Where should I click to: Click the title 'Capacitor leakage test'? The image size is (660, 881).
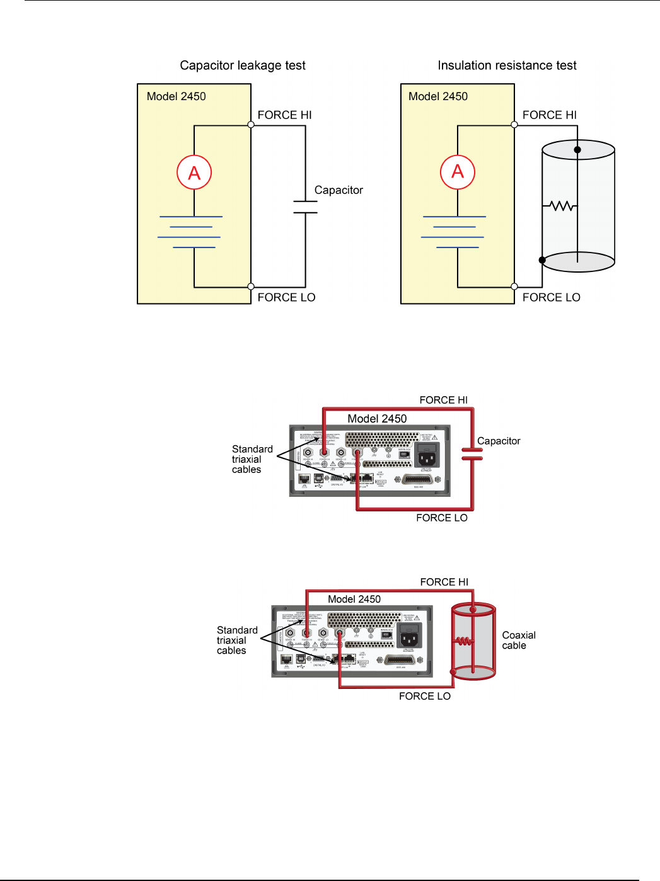coord(243,65)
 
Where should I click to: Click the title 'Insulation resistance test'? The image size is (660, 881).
coord(507,65)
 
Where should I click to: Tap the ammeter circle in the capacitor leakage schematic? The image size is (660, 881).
coord(194,173)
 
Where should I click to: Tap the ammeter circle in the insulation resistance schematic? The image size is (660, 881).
coord(458,172)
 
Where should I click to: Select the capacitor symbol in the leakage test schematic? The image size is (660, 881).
coord(306,207)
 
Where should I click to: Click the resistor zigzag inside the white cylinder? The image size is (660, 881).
coord(560,206)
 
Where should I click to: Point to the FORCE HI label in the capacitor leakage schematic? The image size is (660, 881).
coord(284,115)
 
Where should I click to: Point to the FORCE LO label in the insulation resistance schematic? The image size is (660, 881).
coord(551,297)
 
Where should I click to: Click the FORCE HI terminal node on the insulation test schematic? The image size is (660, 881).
coord(514,125)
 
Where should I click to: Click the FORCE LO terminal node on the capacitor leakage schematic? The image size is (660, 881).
coord(251,287)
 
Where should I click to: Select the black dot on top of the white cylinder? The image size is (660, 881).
coord(577,149)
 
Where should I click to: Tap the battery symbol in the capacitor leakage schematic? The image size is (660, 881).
coord(190,232)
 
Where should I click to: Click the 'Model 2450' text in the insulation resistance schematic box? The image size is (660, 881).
coord(438,96)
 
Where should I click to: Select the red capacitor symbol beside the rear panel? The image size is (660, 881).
coord(472,453)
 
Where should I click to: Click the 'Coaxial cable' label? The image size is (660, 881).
coord(518,640)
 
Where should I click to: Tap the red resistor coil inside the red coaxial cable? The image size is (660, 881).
coord(464,642)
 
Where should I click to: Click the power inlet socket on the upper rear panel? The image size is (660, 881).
coord(427,455)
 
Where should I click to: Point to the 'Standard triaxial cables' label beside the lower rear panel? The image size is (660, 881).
coord(237,640)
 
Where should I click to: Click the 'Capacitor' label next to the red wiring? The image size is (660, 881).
coord(499,441)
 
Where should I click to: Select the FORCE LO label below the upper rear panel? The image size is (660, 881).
coord(441,518)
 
